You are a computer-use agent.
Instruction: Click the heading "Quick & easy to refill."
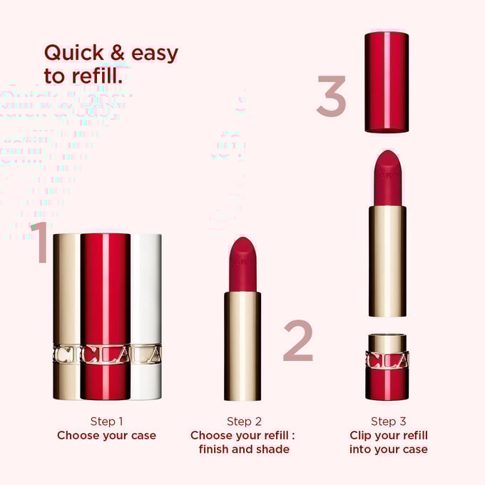click(111, 64)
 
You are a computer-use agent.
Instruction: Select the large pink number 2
click(297, 340)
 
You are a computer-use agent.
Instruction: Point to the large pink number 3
click(331, 96)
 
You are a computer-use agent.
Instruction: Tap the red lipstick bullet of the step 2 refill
click(242, 264)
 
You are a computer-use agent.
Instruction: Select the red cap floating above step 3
click(387, 81)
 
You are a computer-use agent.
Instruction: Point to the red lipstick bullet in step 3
click(387, 178)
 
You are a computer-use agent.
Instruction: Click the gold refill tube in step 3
click(387, 260)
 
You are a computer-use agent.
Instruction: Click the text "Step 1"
click(106, 421)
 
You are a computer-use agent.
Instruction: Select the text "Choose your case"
click(106, 435)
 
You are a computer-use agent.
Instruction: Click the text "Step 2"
click(243, 421)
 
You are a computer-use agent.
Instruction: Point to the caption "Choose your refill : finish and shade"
click(243, 442)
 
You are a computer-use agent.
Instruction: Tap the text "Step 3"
click(388, 421)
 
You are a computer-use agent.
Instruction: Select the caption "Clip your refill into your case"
click(388, 442)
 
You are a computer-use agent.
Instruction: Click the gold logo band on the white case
click(146, 354)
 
